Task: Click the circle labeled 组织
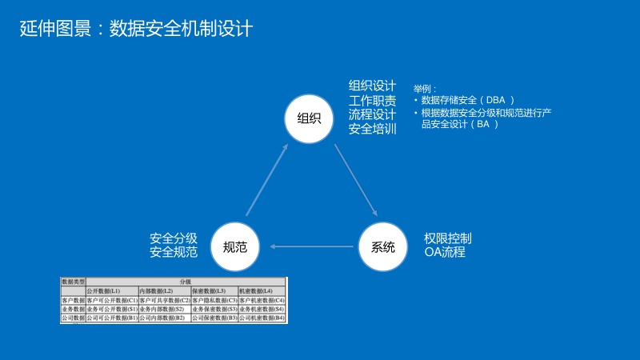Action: [x=309, y=118]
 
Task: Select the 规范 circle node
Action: [x=235, y=247]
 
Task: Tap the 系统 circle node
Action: [x=383, y=247]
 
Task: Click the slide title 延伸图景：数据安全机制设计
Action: [x=136, y=29]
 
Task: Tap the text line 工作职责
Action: [x=372, y=101]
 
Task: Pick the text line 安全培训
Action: [x=372, y=129]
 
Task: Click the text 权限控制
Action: [x=448, y=238]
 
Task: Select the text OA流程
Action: [x=444, y=253]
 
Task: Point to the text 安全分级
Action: [x=174, y=238]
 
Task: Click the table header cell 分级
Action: [x=185, y=282]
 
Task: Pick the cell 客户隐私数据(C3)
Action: [x=214, y=300]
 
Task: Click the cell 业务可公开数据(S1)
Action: [x=111, y=309]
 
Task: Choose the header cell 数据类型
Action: [x=73, y=282]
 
